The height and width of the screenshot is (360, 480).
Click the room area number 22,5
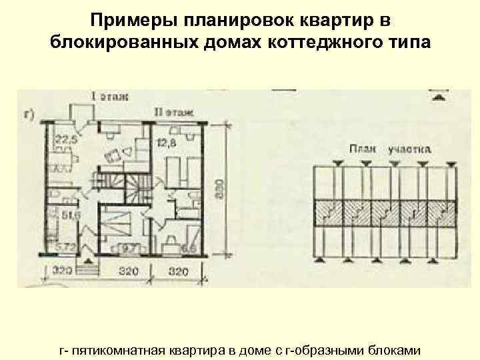66,140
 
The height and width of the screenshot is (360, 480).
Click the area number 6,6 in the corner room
188,249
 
